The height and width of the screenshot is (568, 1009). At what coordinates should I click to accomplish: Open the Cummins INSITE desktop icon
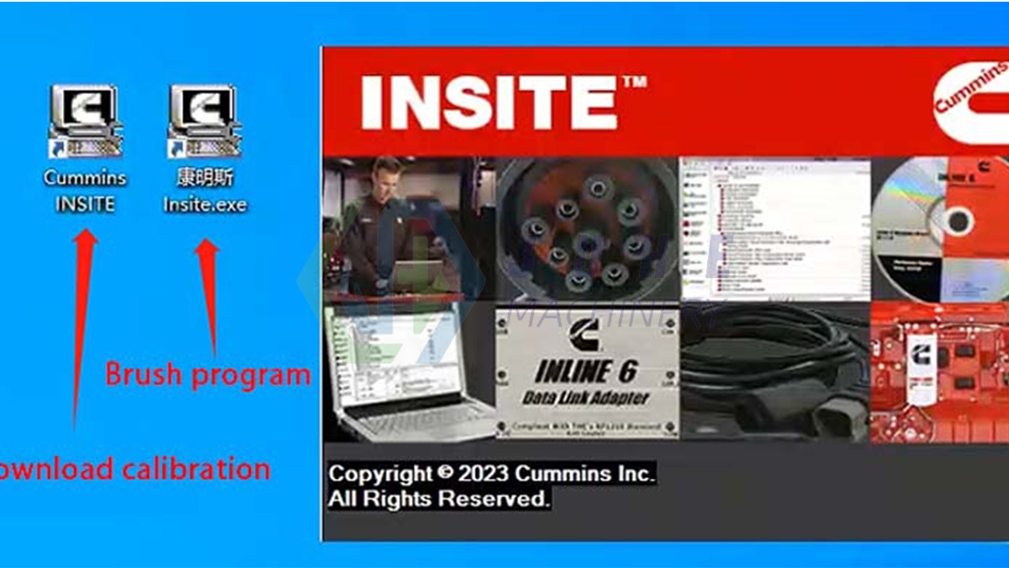(x=85, y=119)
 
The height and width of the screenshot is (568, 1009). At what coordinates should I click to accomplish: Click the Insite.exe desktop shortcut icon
(x=204, y=119)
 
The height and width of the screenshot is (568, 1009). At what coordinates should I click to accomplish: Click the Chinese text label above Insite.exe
(x=205, y=178)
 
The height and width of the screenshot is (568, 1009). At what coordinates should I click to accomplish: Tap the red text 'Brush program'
(x=208, y=374)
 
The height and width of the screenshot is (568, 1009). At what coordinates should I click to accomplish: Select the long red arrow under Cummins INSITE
(x=82, y=328)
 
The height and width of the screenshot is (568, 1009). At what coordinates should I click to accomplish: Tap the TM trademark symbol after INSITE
(x=635, y=82)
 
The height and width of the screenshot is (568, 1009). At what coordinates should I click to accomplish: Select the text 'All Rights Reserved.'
(x=438, y=499)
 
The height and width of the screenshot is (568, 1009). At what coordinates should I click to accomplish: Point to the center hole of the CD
(x=957, y=221)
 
